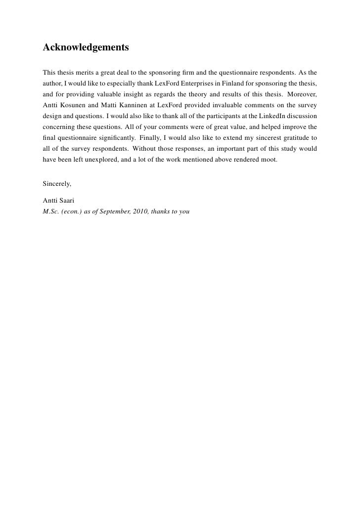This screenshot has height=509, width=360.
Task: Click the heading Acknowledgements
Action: [x=86, y=48]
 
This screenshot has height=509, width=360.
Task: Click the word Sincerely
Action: [x=57, y=184]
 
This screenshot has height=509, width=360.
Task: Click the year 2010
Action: [x=141, y=211]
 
